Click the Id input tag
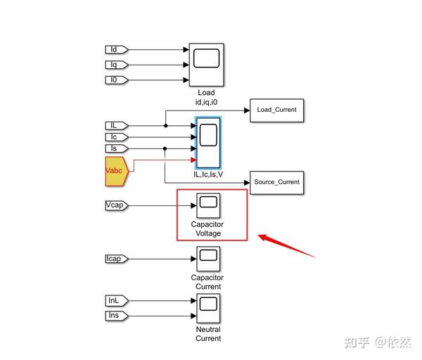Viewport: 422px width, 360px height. (x=115, y=50)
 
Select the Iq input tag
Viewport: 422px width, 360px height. (x=115, y=65)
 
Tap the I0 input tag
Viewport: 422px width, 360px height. (x=115, y=79)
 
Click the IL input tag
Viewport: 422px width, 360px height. (x=115, y=125)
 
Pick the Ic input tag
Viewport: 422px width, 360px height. (x=115, y=136)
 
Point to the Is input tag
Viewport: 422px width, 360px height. (x=115, y=148)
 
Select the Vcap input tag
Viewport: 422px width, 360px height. (x=115, y=205)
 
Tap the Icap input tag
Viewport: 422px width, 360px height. (x=115, y=259)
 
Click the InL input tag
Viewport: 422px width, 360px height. (x=115, y=301)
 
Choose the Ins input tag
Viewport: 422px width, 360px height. (x=115, y=316)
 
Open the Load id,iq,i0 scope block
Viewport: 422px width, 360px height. (x=207, y=65)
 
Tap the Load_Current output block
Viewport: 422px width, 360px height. (x=276, y=110)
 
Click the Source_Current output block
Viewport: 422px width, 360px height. (x=276, y=182)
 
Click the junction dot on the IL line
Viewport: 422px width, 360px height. (x=165, y=125)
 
